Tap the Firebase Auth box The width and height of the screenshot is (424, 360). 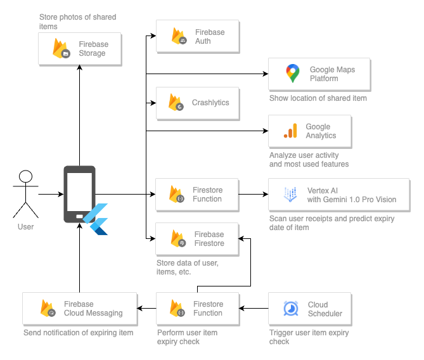(x=197, y=37)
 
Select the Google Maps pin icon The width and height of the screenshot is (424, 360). (x=292, y=74)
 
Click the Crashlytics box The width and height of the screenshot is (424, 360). (x=197, y=103)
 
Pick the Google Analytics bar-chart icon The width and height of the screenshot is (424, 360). (x=290, y=131)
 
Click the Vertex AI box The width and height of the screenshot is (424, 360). (x=339, y=195)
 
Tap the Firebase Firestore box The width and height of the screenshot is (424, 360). (x=197, y=239)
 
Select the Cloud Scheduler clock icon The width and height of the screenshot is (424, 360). (x=291, y=309)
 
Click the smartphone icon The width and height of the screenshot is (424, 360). (x=79, y=193)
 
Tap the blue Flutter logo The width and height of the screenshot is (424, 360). (x=97, y=219)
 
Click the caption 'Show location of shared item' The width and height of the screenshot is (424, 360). (x=318, y=98)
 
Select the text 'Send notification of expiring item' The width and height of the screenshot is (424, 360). (x=79, y=333)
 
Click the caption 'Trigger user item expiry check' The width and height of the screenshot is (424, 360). (x=309, y=337)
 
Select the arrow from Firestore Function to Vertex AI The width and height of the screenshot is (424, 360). (x=254, y=194)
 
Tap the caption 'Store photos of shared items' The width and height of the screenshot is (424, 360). (x=77, y=22)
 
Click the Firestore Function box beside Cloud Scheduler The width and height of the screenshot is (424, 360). (x=197, y=309)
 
